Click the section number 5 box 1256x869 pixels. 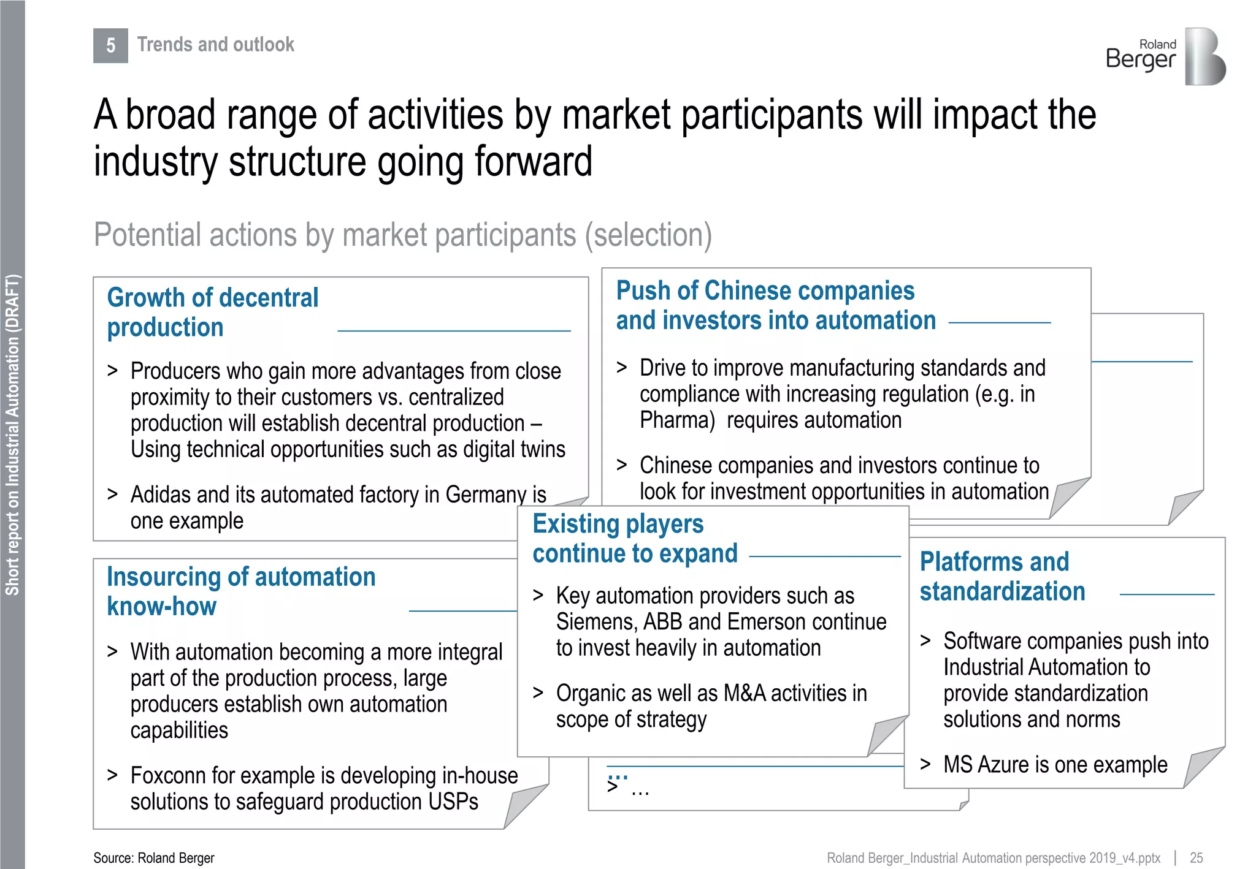(110, 45)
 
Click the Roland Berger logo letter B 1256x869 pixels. (1204, 56)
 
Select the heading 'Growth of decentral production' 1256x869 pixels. (212, 313)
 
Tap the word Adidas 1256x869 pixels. (161, 495)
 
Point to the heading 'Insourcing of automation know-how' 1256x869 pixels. (240, 591)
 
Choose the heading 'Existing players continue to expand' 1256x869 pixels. (634, 539)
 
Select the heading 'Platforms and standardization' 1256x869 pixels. (1001, 577)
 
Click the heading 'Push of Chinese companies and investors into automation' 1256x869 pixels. (775, 305)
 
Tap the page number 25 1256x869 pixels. (1196, 858)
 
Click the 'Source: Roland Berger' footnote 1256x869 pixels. (154, 858)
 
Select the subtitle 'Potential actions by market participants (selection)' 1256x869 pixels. (402, 235)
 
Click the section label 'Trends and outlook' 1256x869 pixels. (215, 45)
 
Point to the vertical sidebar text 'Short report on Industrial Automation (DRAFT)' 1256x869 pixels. (13, 435)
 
